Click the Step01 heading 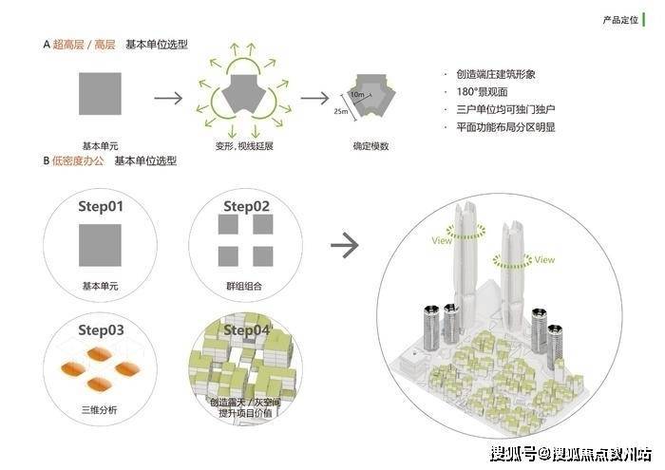(100, 205)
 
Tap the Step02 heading (246, 206)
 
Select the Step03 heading (100, 330)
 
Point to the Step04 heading (246, 330)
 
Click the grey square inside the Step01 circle (100, 245)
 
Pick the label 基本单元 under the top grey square (100, 145)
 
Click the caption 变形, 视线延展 (245, 146)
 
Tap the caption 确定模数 (370, 146)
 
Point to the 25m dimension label (341, 112)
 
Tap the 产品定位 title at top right (621, 20)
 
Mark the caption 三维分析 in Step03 (100, 410)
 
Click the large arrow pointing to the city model (344, 245)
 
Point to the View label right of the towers (544, 259)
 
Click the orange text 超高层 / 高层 (85, 46)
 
